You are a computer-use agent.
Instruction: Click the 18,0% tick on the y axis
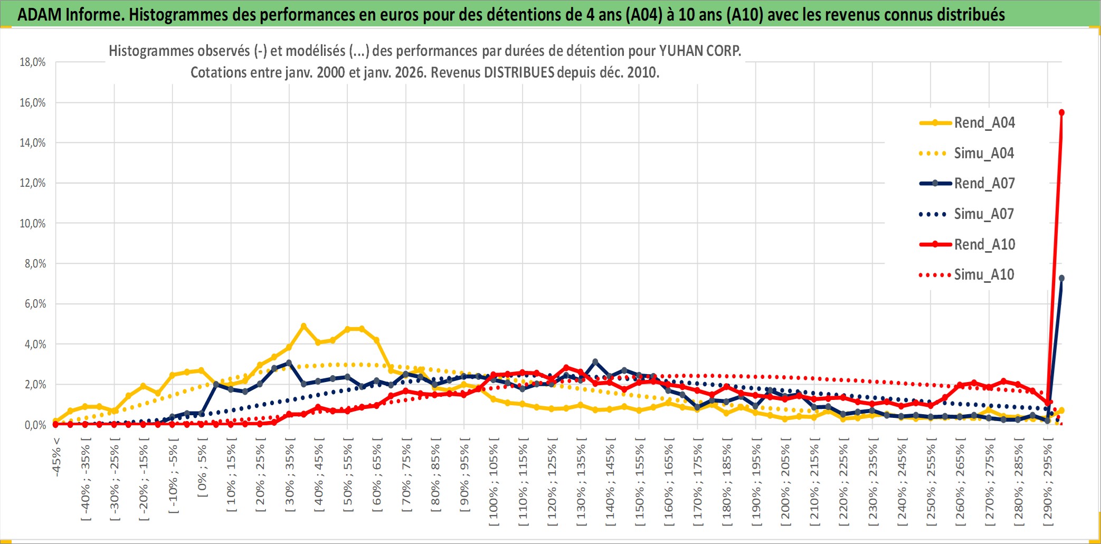pos(33,62)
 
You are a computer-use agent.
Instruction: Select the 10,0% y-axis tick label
pos(33,223)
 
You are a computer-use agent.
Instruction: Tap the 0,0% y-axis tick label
pos(35,425)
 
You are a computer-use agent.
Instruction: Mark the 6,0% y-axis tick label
pos(35,304)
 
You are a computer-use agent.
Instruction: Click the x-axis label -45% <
pos(56,457)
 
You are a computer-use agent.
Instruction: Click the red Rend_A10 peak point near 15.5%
pos(1061,112)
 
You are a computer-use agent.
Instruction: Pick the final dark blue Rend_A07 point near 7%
pos(1061,278)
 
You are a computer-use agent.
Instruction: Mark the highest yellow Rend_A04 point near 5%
pos(303,326)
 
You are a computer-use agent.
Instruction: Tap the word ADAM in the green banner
pos(40,14)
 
